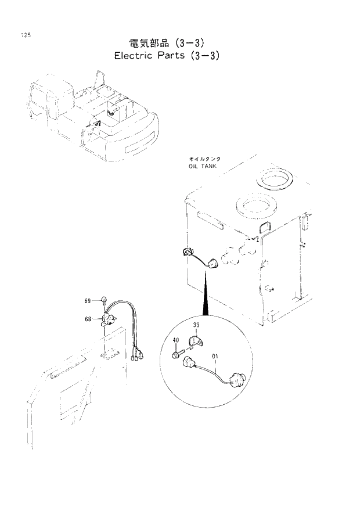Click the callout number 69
tap(88, 300)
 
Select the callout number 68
tap(88, 318)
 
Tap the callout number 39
tap(196, 325)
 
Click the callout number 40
tap(176, 340)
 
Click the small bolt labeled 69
tap(103, 300)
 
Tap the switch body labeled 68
tap(109, 319)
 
